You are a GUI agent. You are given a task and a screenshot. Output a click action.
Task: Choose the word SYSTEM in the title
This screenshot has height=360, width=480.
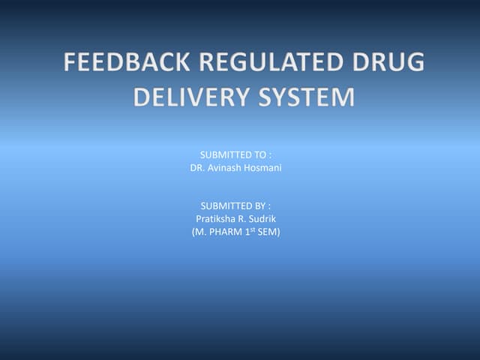point(307,97)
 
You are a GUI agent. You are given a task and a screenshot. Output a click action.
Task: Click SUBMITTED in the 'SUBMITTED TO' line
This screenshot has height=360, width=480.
point(224,154)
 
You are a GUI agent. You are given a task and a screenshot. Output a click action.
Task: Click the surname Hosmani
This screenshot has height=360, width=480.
point(263,168)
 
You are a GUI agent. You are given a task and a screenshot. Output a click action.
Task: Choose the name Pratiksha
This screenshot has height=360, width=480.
point(216,219)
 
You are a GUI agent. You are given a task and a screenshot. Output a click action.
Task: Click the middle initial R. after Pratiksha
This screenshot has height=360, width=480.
point(245,219)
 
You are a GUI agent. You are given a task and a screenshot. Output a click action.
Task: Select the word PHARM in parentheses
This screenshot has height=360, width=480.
point(227,232)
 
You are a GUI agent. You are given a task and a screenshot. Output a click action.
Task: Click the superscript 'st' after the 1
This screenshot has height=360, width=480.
point(256,229)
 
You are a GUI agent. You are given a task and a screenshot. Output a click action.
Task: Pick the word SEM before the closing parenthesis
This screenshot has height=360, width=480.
point(269,232)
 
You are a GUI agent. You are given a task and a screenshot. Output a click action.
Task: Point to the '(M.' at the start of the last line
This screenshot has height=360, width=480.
point(200,232)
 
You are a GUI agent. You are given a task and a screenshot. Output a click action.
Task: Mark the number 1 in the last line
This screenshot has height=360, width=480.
point(250,232)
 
